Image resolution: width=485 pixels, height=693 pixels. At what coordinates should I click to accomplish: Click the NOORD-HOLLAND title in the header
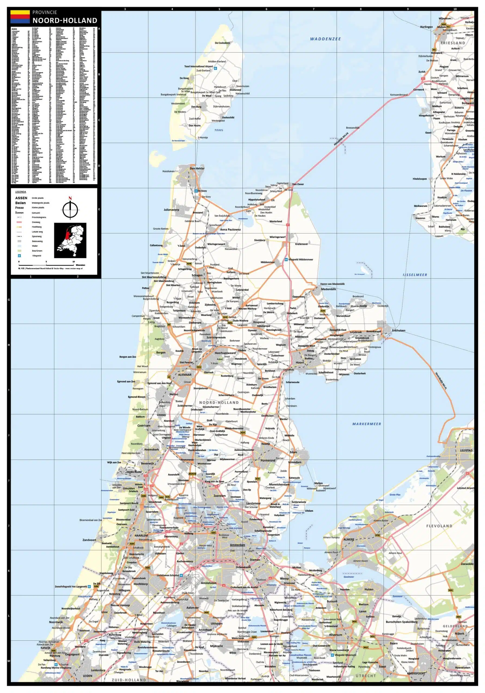(65, 21)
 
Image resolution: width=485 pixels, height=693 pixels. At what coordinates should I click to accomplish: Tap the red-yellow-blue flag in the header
(20, 17)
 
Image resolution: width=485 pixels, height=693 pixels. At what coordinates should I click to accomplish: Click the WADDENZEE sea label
(325, 39)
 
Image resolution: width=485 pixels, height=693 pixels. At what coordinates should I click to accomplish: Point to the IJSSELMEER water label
(415, 275)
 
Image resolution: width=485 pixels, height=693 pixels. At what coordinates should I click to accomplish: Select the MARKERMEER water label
(366, 424)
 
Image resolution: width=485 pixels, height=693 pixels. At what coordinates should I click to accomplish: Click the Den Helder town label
(197, 168)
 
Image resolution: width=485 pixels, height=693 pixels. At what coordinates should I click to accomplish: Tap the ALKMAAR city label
(185, 375)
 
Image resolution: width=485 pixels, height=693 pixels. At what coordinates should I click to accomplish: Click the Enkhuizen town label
(398, 331)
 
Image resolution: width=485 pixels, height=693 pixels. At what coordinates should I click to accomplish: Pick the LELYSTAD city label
(466, 450)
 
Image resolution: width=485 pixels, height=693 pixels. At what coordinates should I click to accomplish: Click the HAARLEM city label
(141, 535)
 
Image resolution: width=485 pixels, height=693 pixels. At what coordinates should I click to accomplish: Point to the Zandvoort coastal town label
(89, 540)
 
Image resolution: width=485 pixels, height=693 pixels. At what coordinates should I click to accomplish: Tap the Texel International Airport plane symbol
(215, 68)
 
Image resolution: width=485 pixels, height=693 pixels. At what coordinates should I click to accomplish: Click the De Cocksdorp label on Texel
(222, 43)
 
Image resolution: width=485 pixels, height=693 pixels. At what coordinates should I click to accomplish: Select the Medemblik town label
(328, 289)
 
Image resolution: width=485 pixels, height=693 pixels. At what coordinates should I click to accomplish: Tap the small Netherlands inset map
(70, 240)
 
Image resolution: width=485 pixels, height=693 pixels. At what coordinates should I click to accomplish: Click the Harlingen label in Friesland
(426, 27)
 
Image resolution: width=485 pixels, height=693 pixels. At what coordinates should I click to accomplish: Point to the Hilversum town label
(335, 635)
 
